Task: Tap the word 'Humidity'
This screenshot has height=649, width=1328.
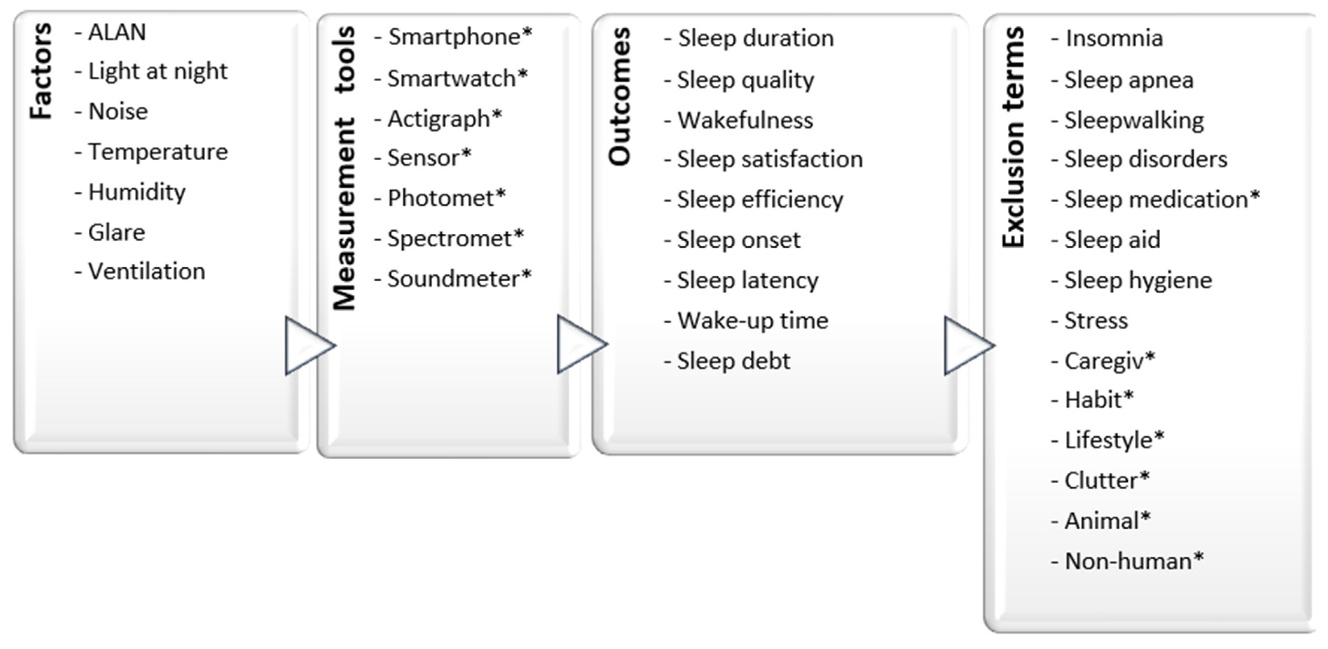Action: pos(137,192)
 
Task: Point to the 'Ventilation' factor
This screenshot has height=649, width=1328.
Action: pos(146,271)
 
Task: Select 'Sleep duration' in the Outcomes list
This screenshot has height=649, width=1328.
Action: pos(755,38)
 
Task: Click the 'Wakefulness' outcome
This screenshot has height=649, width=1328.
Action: pos(745,120)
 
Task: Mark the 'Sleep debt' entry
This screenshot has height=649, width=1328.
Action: pos(733,361)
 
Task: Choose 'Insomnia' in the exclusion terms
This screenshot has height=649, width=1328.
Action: pos(1114,38)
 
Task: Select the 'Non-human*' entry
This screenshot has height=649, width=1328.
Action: pos(1134,562)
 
